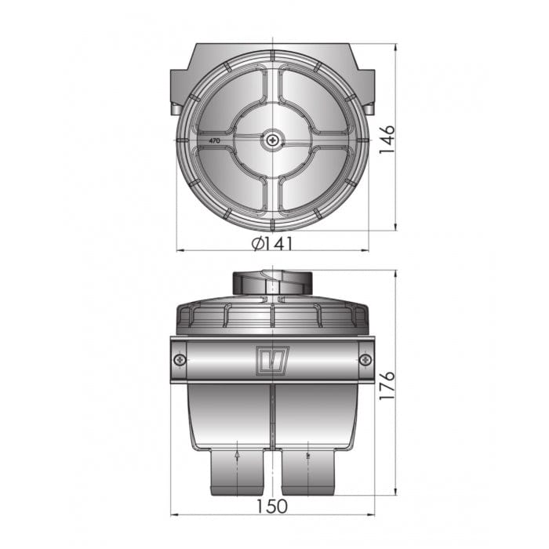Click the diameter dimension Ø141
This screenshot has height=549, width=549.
point(272,243)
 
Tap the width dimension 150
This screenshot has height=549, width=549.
point(271,506)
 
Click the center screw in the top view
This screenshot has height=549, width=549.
point(272,140)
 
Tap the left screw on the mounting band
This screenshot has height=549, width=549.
point(180,359)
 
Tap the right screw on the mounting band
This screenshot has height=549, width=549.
point(365,359)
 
